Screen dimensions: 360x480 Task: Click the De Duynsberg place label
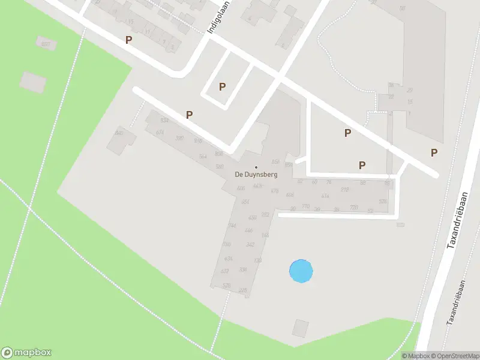(x=256, y=175)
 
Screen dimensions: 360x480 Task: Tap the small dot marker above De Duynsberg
(x=256, y=167)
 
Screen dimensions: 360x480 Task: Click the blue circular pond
(x=301, y=271)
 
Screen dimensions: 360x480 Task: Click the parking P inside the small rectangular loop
(x=222, y=86)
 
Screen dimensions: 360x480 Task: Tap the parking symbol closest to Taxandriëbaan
(x=434, y=152)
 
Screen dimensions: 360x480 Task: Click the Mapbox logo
(x=26, y=352)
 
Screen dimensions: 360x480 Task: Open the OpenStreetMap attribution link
(x=457, y=356)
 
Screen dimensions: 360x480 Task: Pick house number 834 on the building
(x=165, y=121)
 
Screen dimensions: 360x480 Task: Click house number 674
(x=160, y=132)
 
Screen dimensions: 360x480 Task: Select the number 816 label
(x=198, y=141)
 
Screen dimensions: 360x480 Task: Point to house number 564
(x=203, y=157)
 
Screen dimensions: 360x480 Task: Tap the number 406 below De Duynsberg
(x=241, y=188)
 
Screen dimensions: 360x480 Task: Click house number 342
(x=251, y=244)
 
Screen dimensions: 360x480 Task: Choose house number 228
(x=243, y=290)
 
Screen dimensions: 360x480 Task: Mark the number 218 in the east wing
(x=345, y=190)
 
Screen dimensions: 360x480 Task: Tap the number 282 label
(x=265, y=214)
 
